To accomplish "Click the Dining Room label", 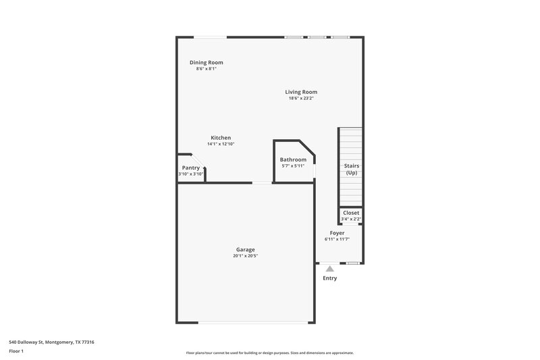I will [x=206, y=62].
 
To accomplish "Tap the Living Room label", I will [x=301, y=92].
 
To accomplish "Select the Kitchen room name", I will [x=221, y=138].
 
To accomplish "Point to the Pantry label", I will [x=191, y=168].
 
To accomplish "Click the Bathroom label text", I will [x=293, y=159].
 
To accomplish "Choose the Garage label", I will [x=245, y=249].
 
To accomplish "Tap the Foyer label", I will [x=337, y=233].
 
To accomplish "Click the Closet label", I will [x=351, y=212].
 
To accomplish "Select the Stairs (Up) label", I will [x=352, y=169].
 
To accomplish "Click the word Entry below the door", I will [x=330, y=278].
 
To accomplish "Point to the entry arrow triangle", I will [x=330, y=269].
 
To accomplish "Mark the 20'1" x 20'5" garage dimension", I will [x=245, y=256].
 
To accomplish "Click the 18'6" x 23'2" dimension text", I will [x=301, y=99].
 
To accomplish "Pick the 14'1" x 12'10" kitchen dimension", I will [x=221, y=144].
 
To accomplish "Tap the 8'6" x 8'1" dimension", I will [x=206, y=69].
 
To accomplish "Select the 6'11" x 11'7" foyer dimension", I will [x=337, y=239].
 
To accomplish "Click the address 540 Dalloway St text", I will [x=51, y=342].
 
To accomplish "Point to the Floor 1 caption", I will [x=17, y=351].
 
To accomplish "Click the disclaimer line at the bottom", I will [x=269, y=353].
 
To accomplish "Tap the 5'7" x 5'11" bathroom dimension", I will [x=293, y=166].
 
